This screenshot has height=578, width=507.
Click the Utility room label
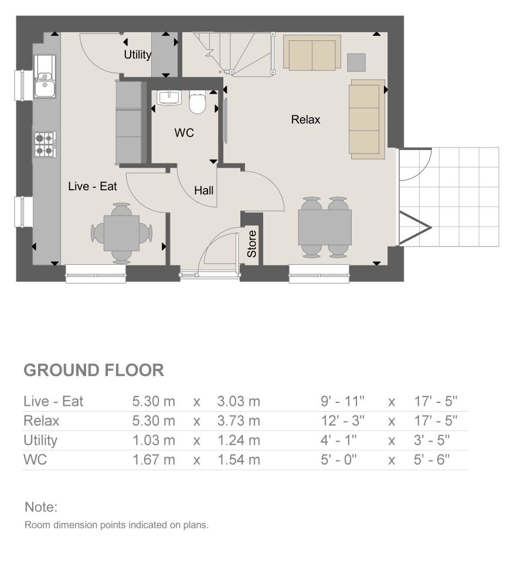pos(138,55)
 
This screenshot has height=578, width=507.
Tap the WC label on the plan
pos(184,134)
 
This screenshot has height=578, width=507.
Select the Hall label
pos(204,190)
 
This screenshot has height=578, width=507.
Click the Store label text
pos(251,244)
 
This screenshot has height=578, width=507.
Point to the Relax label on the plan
pos(306,120)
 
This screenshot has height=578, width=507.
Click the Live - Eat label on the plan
pos(93,187)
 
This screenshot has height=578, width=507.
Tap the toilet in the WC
pos(198,103)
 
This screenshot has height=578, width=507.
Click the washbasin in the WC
pos(169,98)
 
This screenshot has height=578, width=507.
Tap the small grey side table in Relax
pos(356,61)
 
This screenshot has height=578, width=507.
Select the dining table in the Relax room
pos(325,227)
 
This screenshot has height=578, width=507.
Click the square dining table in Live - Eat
pos(121,232)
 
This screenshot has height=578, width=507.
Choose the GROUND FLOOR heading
pos(93,370)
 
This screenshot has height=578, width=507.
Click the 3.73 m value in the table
pos(238,420)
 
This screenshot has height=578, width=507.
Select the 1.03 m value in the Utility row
pos(154,440)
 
